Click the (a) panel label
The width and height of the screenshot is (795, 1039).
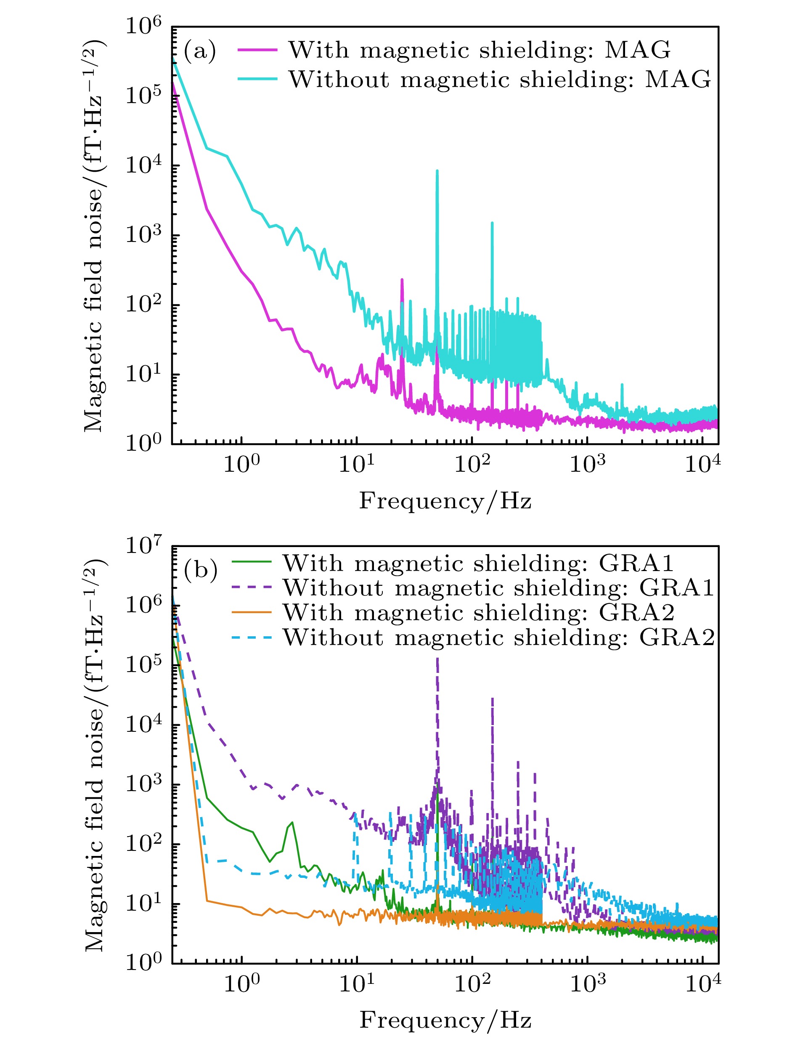click(x=200, y=50)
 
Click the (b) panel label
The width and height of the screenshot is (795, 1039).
click(x=201, y=570)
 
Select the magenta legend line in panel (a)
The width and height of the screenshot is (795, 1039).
click(x=257, y=50)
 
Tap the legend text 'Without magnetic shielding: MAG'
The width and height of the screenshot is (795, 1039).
click(x=500, y=80)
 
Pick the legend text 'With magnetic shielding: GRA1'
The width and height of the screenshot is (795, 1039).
click(x=478, y=564)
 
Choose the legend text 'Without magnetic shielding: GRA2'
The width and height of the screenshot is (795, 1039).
click(x=499, y=638)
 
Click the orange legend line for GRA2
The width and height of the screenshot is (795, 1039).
click(x=251, y=613)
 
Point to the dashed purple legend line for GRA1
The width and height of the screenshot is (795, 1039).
click(x=251, y=587)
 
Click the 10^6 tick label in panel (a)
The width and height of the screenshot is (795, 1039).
click(x=143, y=26)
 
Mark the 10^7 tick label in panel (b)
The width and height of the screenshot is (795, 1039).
click(x=143, y=545)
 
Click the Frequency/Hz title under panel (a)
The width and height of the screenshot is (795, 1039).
click(x=445, y=500)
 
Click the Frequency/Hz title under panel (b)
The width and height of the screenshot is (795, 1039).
click(x=445, y=1020)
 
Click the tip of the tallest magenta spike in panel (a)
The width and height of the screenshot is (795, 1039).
click(x=402, y=280)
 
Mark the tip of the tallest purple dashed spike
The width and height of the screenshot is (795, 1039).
click(x=437, y=659)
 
